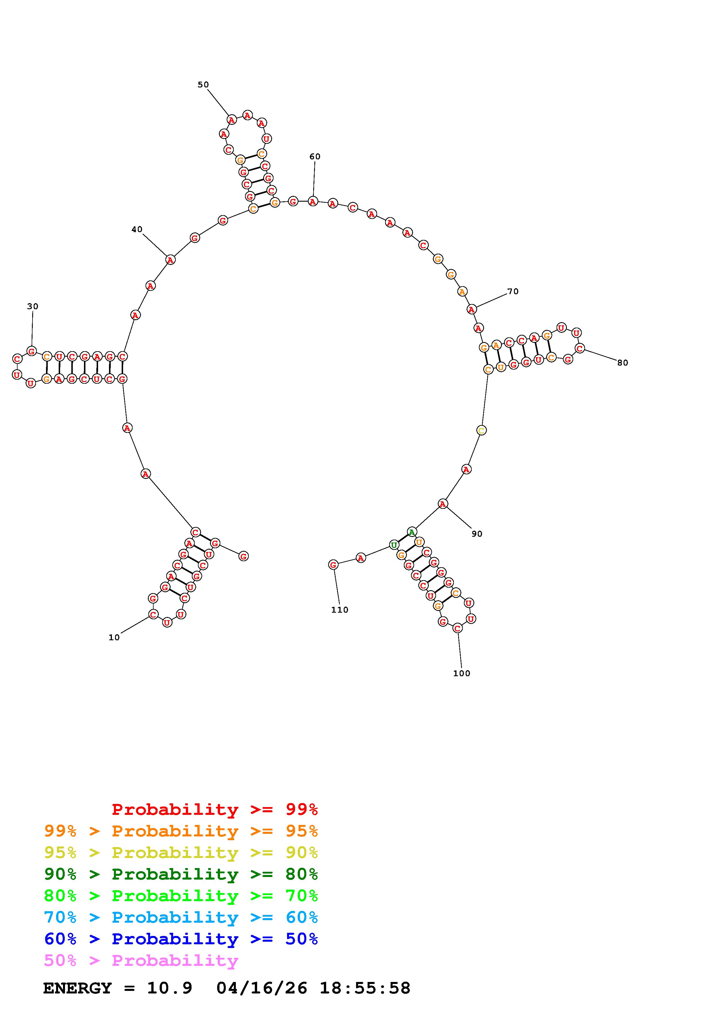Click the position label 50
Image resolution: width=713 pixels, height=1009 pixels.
coord(203,85)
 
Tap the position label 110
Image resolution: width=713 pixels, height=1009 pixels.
coord(340,610)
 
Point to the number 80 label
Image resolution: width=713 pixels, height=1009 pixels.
coord(622,363)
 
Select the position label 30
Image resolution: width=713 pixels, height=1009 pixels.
coord(33,307)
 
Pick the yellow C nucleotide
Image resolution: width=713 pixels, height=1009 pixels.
coord(481,431)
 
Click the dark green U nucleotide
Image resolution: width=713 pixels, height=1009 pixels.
coord(394,545)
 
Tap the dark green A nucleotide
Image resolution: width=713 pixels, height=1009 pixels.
coord(412,532)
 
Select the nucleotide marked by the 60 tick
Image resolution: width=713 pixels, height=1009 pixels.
coord(313,201)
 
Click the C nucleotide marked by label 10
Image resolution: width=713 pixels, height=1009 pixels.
coord(153,614)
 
